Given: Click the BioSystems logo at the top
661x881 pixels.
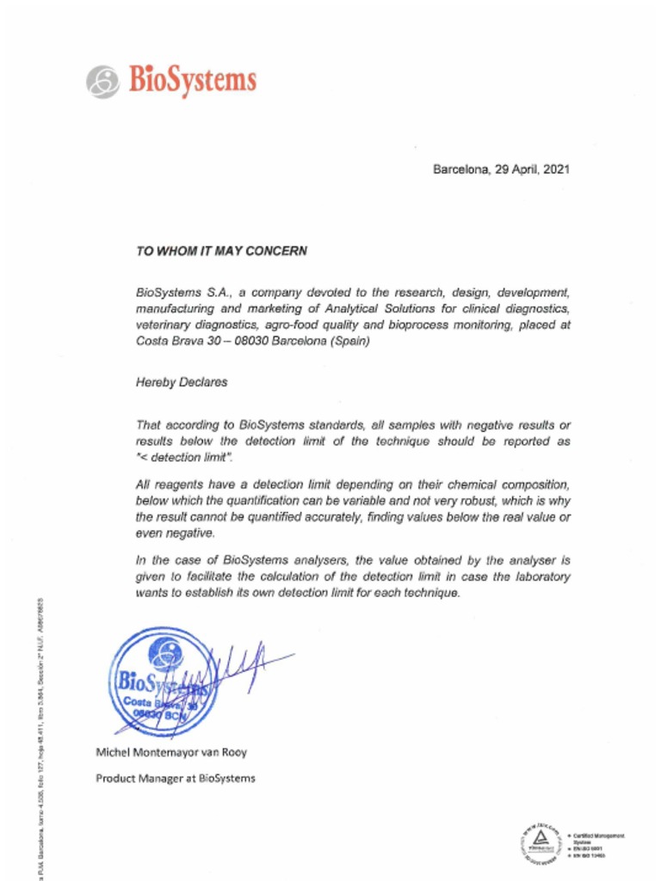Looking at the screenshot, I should pos(171,81).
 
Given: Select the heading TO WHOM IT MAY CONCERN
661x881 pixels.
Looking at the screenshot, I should pos(221,251).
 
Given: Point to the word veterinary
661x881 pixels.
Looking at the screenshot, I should pos(163,325).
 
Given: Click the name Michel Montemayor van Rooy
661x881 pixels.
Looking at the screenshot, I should pos(170,752).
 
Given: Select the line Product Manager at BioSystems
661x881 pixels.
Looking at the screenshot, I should pos(175,779).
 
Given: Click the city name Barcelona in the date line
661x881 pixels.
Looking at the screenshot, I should pos(460,169).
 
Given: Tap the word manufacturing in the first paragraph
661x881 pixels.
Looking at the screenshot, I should pos(173,309).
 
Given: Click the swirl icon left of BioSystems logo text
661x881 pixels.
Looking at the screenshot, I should pos(102,83).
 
